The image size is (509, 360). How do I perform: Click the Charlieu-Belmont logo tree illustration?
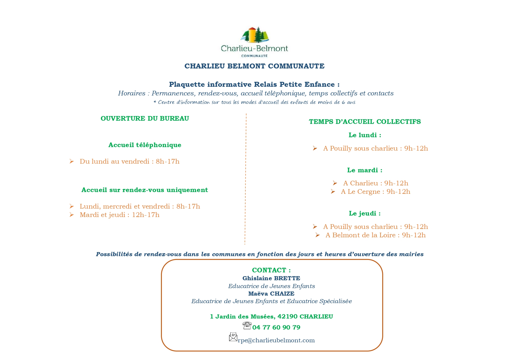coord(255,35)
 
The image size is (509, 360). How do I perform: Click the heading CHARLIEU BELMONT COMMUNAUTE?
coord(254,66)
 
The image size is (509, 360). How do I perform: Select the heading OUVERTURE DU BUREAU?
coord(145,118)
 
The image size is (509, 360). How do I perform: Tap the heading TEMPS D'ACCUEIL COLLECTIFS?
coord(365,122)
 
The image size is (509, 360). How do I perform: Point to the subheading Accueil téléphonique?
coord(145,145)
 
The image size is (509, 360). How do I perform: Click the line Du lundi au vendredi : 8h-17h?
coord(129,161)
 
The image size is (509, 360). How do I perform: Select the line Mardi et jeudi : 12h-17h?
coord(119,215)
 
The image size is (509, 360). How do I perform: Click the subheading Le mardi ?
coord(365,170)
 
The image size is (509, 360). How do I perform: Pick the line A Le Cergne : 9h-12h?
coord(375,191)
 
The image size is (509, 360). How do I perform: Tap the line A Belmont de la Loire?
coord(375,235)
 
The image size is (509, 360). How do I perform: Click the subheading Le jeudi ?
coord(365,213)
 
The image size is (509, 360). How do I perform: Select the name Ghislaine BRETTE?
coord(271,278)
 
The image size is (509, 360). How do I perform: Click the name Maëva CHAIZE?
coord(271,294)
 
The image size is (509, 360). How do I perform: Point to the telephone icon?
coord(247,326)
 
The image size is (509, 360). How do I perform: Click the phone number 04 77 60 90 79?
coord(276,327)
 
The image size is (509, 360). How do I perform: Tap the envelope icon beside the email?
coord(233,337)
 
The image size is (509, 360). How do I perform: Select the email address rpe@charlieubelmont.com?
coord(276,340)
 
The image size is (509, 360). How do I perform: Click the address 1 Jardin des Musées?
coord(271,316)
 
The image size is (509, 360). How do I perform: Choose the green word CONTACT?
coord(269,270)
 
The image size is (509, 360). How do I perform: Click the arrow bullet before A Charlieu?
coord(335,183)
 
